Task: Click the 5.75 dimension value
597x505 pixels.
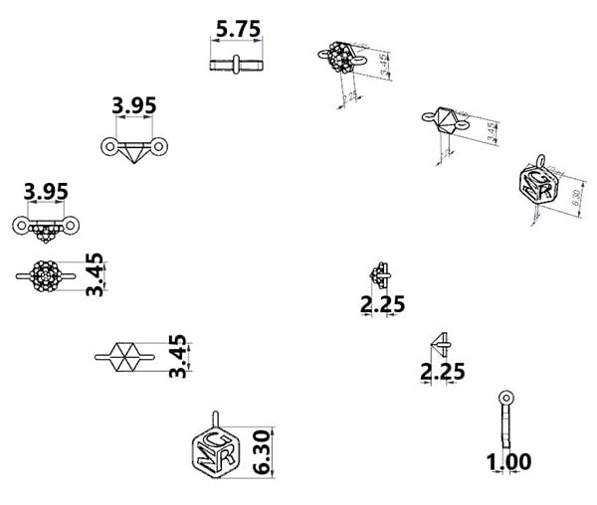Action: (x=238, y=29)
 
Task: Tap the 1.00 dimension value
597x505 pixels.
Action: (x=507, y=461)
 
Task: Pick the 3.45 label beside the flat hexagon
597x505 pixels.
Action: (x=178, y=356)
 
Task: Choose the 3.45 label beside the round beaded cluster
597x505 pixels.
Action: (x=95, y=274)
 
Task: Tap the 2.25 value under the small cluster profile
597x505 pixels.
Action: (x=383, y=304)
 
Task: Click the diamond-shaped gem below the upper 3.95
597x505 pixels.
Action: (x=133, y=149)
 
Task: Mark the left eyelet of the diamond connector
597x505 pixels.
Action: (x=108, y=148)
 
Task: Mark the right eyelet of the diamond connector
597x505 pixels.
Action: (x=159, y=148)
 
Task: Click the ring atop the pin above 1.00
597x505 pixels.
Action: (x=507, y=396)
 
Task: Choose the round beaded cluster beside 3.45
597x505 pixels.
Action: (x=45, y=273)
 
